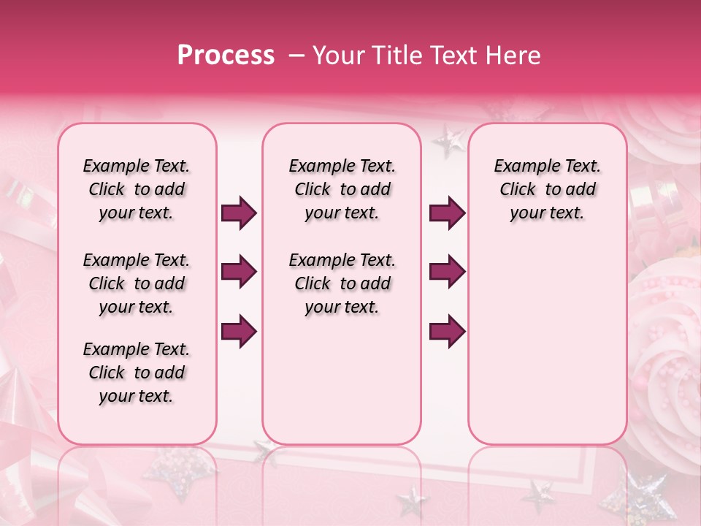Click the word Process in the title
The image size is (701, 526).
point(226,56)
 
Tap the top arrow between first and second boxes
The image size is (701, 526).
point(239,213)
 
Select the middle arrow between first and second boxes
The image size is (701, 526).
point(239,272)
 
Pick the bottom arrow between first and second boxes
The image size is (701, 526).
point(239,332)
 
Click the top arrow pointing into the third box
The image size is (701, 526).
point(447,213)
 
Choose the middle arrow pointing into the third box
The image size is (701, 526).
point(447,272)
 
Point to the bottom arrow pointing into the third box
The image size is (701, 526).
point(447,332)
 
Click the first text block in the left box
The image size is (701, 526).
point(137,189)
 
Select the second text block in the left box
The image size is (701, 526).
point(137,283)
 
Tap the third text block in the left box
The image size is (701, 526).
point(137,373)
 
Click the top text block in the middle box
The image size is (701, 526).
point(342,189)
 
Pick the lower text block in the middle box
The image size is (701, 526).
point(342,283)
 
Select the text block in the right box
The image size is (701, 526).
point(547,189)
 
